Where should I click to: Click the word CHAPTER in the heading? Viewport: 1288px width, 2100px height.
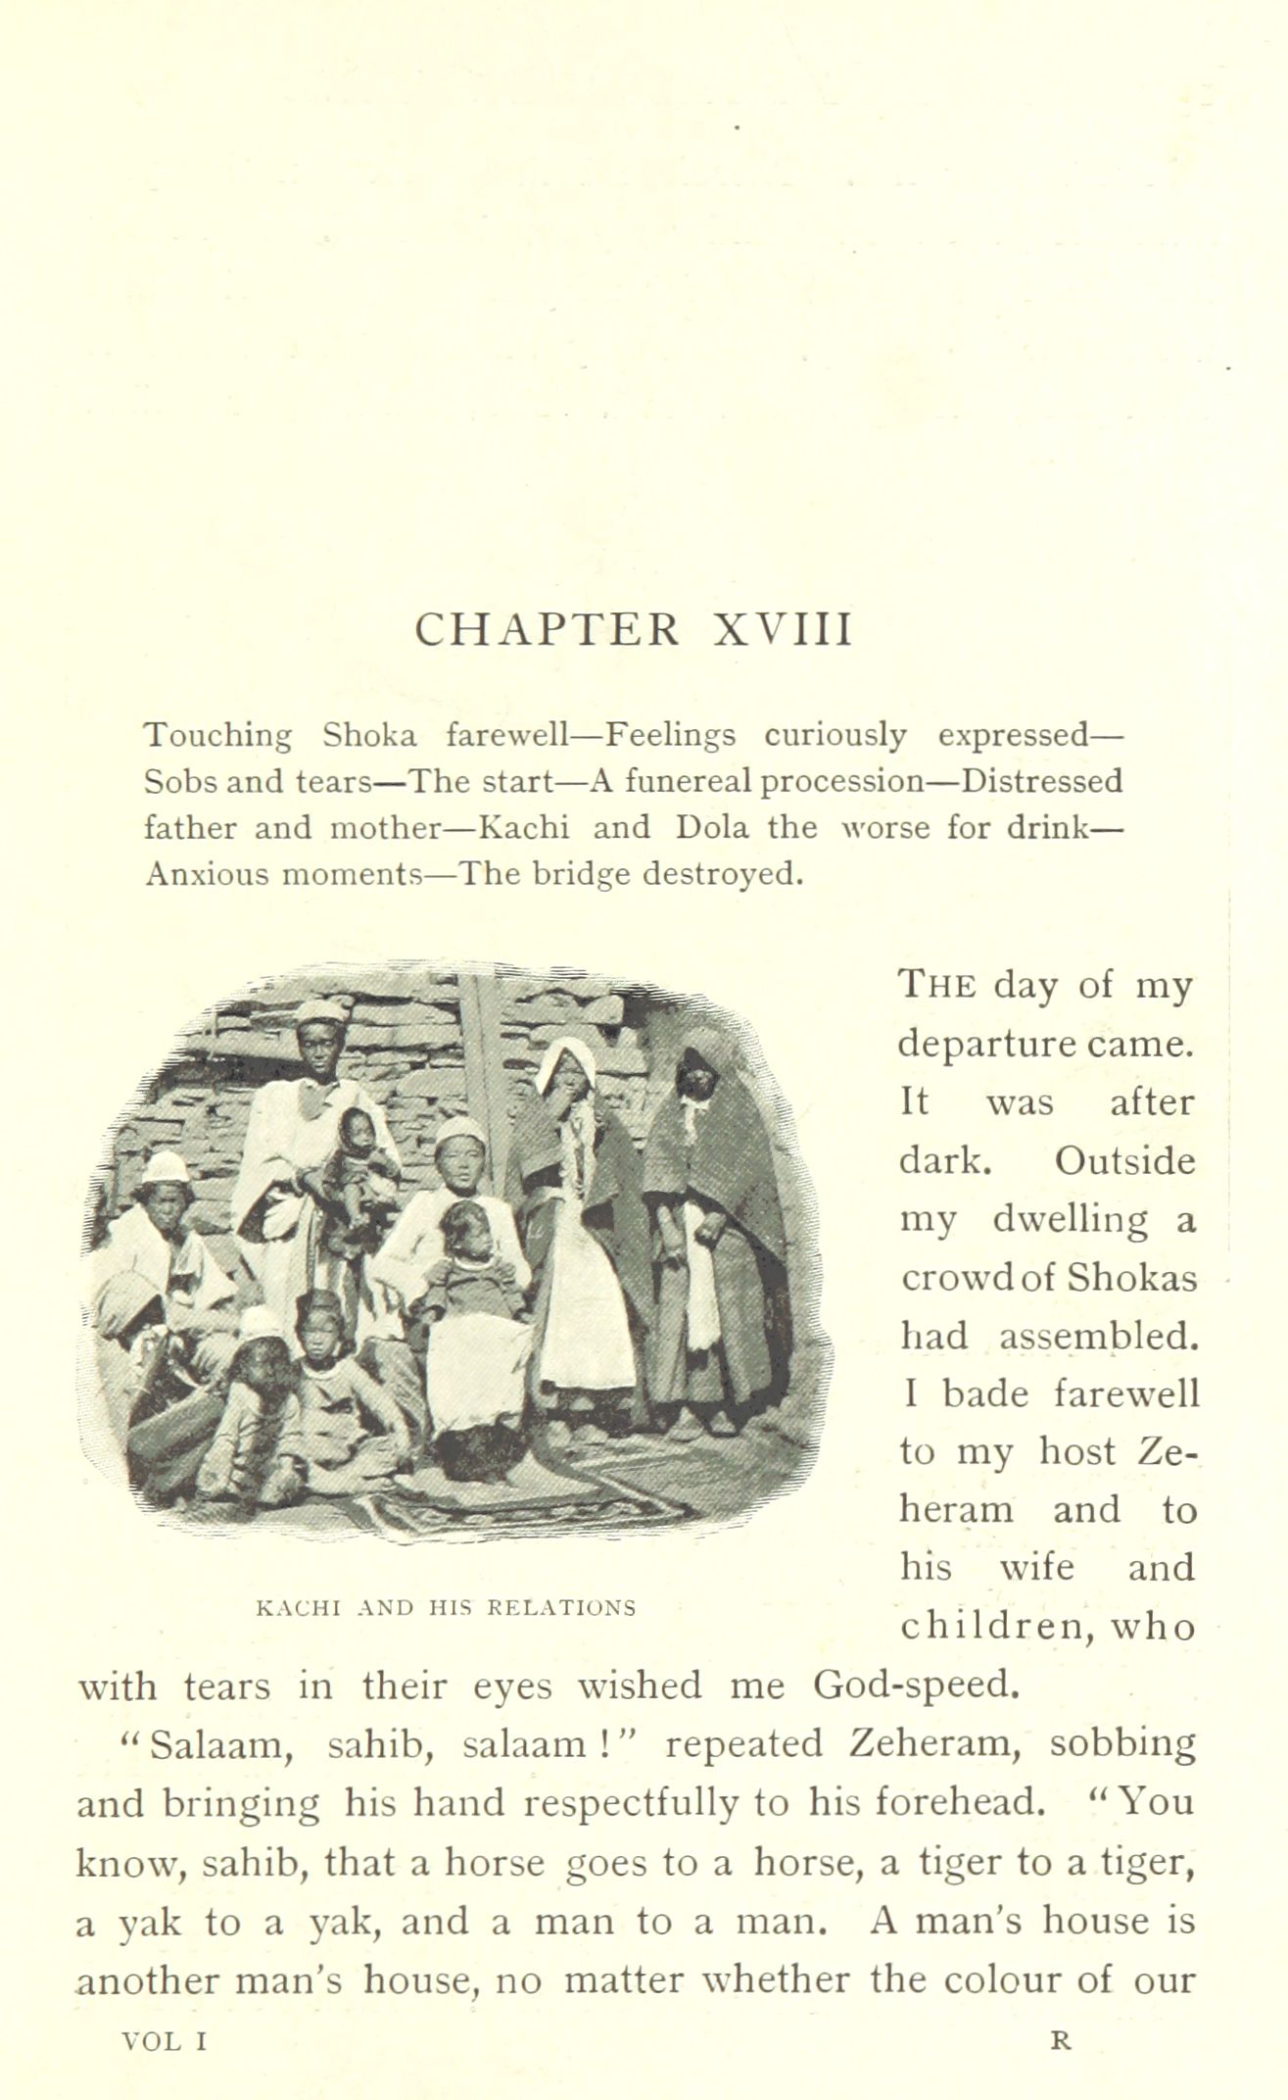point(547,630)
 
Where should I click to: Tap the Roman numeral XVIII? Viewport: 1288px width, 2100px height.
point(783,630)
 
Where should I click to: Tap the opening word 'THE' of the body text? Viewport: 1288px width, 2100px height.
point(937,986)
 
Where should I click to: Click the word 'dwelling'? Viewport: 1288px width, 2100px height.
point(1043,1221)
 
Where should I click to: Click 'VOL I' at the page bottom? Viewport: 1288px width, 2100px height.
point(164,2041)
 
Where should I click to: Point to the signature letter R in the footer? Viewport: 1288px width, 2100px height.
point(1061,2041)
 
